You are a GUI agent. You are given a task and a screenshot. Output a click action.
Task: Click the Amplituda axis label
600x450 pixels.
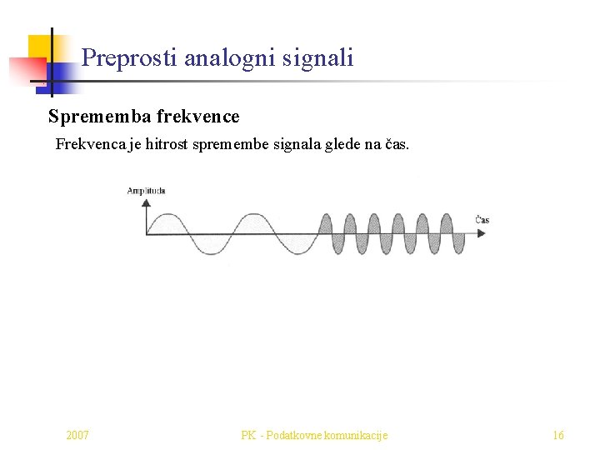point(146,191)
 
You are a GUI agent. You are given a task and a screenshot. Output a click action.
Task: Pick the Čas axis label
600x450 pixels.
point(482,220)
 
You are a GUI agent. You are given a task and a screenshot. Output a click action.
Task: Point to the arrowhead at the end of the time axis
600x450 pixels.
point(482,234)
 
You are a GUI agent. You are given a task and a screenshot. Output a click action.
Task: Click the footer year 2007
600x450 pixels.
point(78,435)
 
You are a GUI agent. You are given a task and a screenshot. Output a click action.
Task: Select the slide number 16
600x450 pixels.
point(558,435)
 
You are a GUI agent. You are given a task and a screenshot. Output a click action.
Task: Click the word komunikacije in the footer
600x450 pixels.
point(358,435)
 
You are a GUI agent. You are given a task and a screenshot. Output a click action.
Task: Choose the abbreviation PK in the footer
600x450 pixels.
point(248,435)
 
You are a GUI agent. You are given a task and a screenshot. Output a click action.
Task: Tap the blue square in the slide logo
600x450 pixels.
point(62,76)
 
